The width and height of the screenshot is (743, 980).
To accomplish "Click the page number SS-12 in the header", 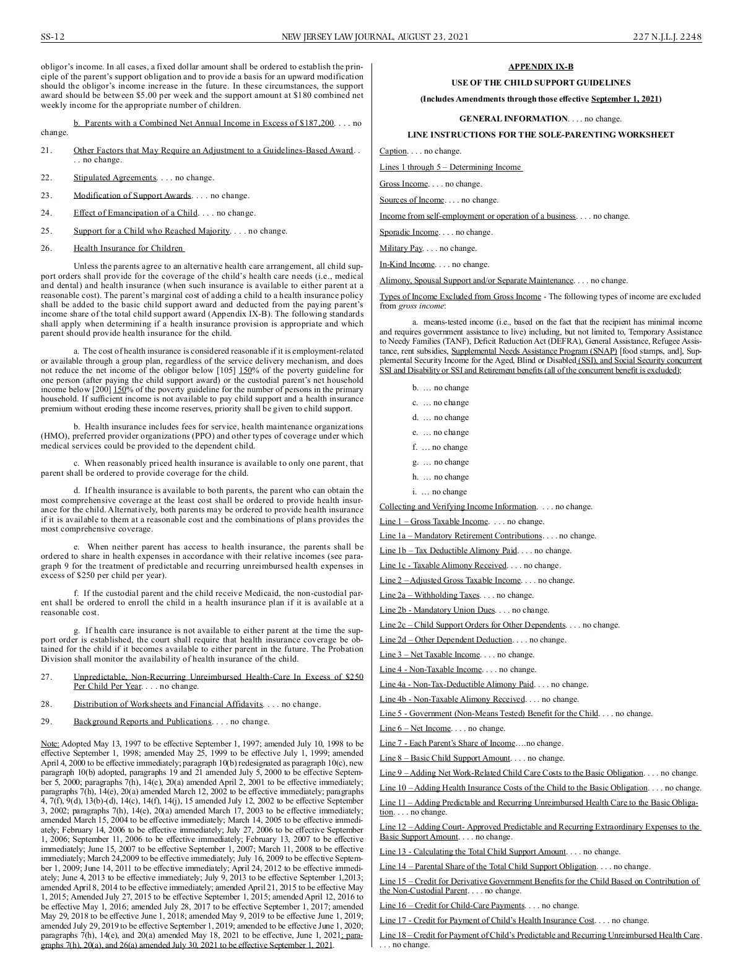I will click(53, 37).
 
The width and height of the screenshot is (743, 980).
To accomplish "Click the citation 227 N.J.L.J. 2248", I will click(667, 37).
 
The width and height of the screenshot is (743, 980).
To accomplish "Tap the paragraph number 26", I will click(46, 248).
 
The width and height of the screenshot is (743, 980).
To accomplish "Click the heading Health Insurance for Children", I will click(128, 248).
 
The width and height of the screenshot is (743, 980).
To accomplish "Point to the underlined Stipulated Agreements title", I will click(115, 178).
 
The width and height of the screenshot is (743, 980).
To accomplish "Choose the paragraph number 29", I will click(46, 722).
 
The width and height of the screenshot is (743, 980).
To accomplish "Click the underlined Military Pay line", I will click(401, 248).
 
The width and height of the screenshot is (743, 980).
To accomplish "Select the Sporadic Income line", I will click(409, 232).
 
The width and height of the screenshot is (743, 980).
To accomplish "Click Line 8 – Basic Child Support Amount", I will click(445, 758).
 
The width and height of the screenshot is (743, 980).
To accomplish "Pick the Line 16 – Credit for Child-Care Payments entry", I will click(452, 906).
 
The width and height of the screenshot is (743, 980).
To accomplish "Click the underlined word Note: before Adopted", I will click(50, 743).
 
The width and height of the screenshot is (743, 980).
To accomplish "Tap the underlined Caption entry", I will click(393, 151).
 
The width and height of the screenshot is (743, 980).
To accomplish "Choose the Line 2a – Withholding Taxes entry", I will click(429, 595).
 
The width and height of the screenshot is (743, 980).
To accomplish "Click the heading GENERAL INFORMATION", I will click(513, 118).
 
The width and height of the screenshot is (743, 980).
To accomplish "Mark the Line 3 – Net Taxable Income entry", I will click(430, 655).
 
